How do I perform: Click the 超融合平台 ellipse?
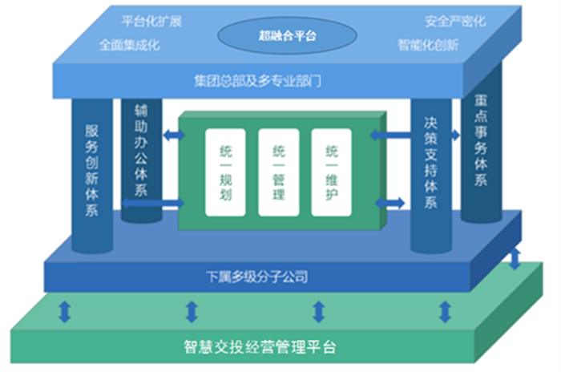[x=287, y=35]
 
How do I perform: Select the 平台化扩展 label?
[x=151, y=22]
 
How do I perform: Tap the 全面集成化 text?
[x=130, y=45]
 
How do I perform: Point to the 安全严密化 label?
[x=455, y=22]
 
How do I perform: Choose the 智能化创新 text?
[x=428, y=45]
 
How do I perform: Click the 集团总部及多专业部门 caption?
[x=257, y=81]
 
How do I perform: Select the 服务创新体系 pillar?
[x=92, y=176]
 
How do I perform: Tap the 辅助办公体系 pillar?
[x=141, y=160]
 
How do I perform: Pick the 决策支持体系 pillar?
[x=431, y=176]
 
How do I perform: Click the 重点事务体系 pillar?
[x=481, y=144]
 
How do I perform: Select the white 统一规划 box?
[x=225, y=172]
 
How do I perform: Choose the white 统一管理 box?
[x=279, y=172]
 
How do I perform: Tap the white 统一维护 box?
[x=332, y=172]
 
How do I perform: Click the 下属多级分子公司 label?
[x=257, y=277]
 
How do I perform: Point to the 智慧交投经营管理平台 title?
[x=260, y=346]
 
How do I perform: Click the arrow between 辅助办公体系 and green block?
[x=174, y=135]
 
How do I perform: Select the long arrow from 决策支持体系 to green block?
[x=390, y=135]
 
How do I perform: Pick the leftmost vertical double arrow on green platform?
[x=65, y=312]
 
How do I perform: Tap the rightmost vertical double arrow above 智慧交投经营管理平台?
[x=515, y=258]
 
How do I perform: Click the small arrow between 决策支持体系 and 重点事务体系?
[x=456, y=135]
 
